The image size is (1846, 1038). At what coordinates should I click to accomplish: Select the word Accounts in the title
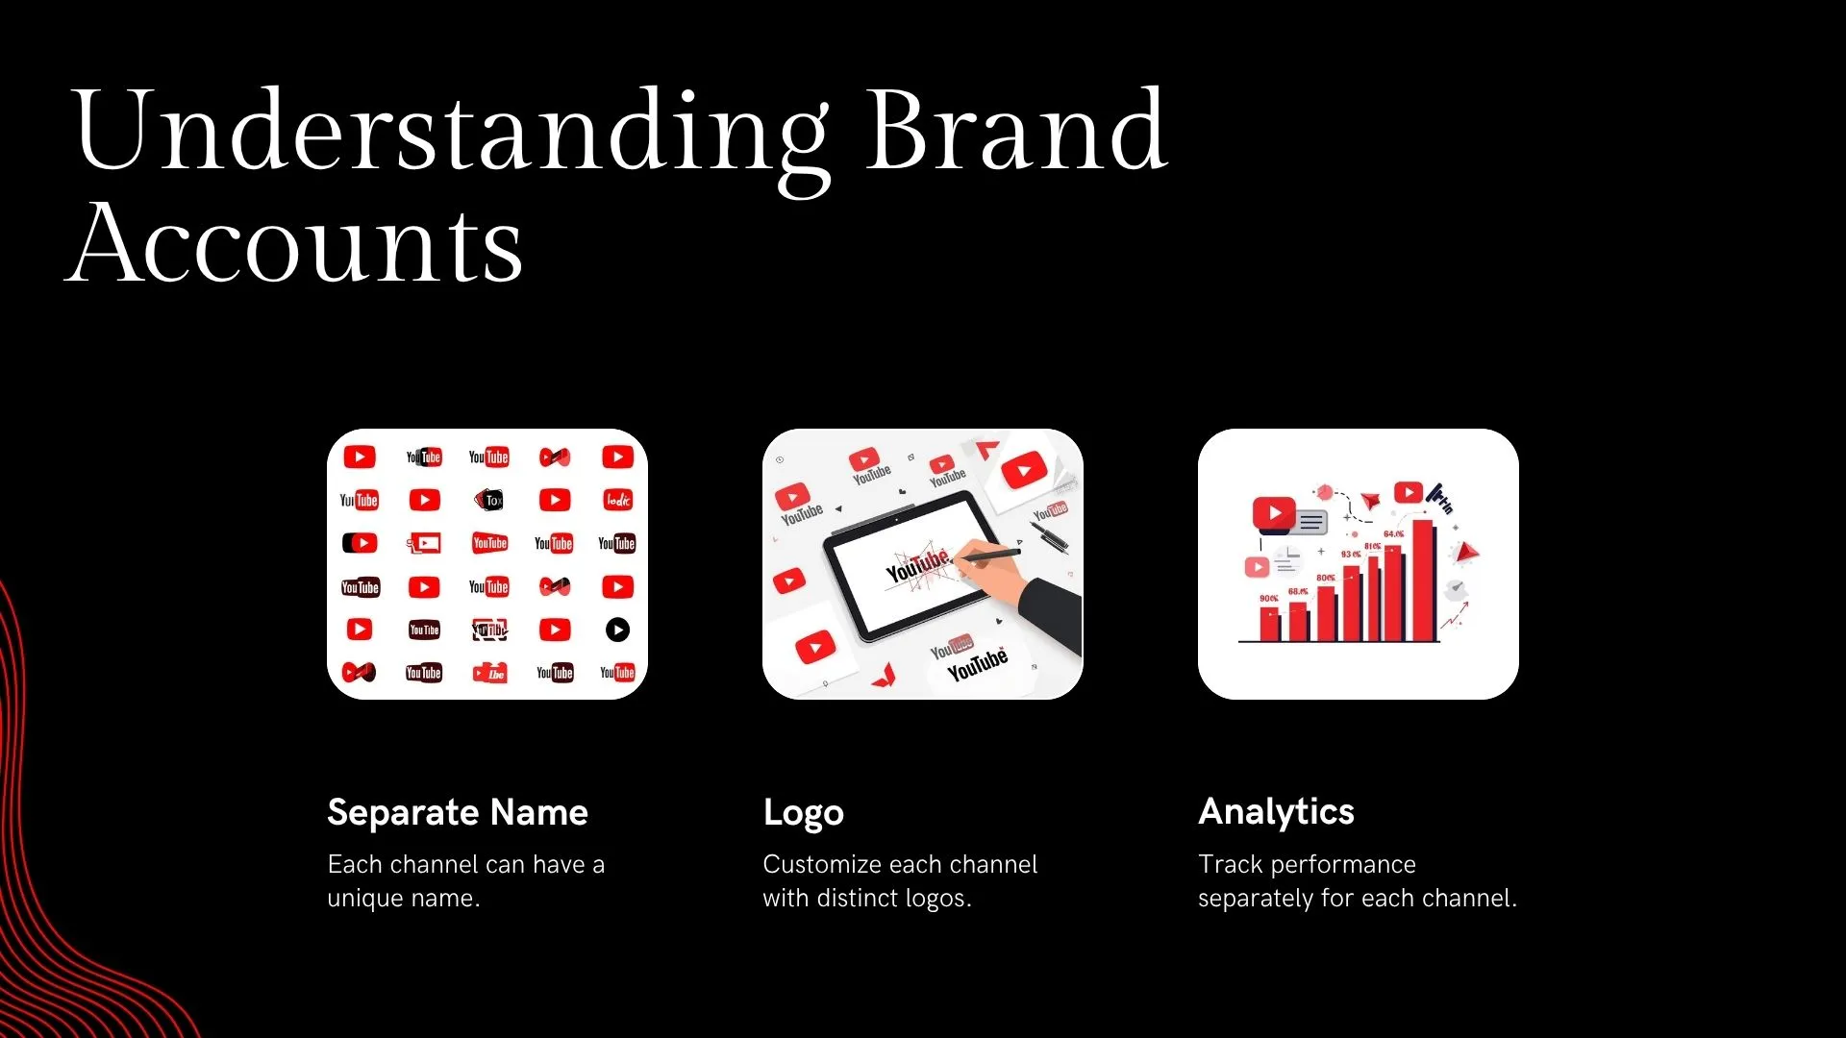[295, 244]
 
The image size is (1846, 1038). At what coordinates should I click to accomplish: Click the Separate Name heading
[457, 812]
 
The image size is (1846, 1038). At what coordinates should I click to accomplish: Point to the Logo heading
[803, 813]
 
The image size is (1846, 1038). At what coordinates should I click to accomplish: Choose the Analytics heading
[1276, 812]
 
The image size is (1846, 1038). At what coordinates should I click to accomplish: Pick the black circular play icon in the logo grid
[617, 630]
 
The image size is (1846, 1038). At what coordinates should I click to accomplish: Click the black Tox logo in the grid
[489, 500]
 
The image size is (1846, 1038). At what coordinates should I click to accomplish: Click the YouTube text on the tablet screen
[916, 568]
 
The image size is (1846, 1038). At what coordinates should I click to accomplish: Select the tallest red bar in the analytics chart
[1424, 581]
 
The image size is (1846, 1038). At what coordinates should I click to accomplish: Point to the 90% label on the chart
[1269, 599]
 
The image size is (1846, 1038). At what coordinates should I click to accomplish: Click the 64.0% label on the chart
[1393, 533]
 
